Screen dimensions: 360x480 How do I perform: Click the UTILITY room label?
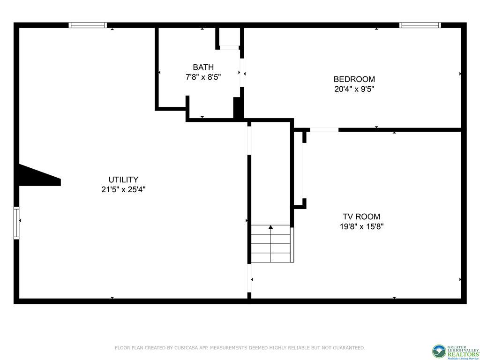123,180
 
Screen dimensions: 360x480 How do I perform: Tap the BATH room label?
203,67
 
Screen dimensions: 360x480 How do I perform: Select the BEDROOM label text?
354,79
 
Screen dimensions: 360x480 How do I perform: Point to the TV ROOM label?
361,217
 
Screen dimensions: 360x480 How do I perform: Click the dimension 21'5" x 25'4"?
123,190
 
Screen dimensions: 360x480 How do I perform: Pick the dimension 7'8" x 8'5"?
203,77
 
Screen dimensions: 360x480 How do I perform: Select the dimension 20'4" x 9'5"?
354,89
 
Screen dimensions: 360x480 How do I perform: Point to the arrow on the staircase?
270,228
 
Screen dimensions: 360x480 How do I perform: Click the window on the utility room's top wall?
88,25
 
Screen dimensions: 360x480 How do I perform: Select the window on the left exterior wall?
16,223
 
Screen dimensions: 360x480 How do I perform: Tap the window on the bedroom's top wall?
420,25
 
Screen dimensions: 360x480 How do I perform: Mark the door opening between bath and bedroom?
242,73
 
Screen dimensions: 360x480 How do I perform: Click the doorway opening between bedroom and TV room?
324,129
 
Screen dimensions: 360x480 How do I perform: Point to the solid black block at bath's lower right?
238,108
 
